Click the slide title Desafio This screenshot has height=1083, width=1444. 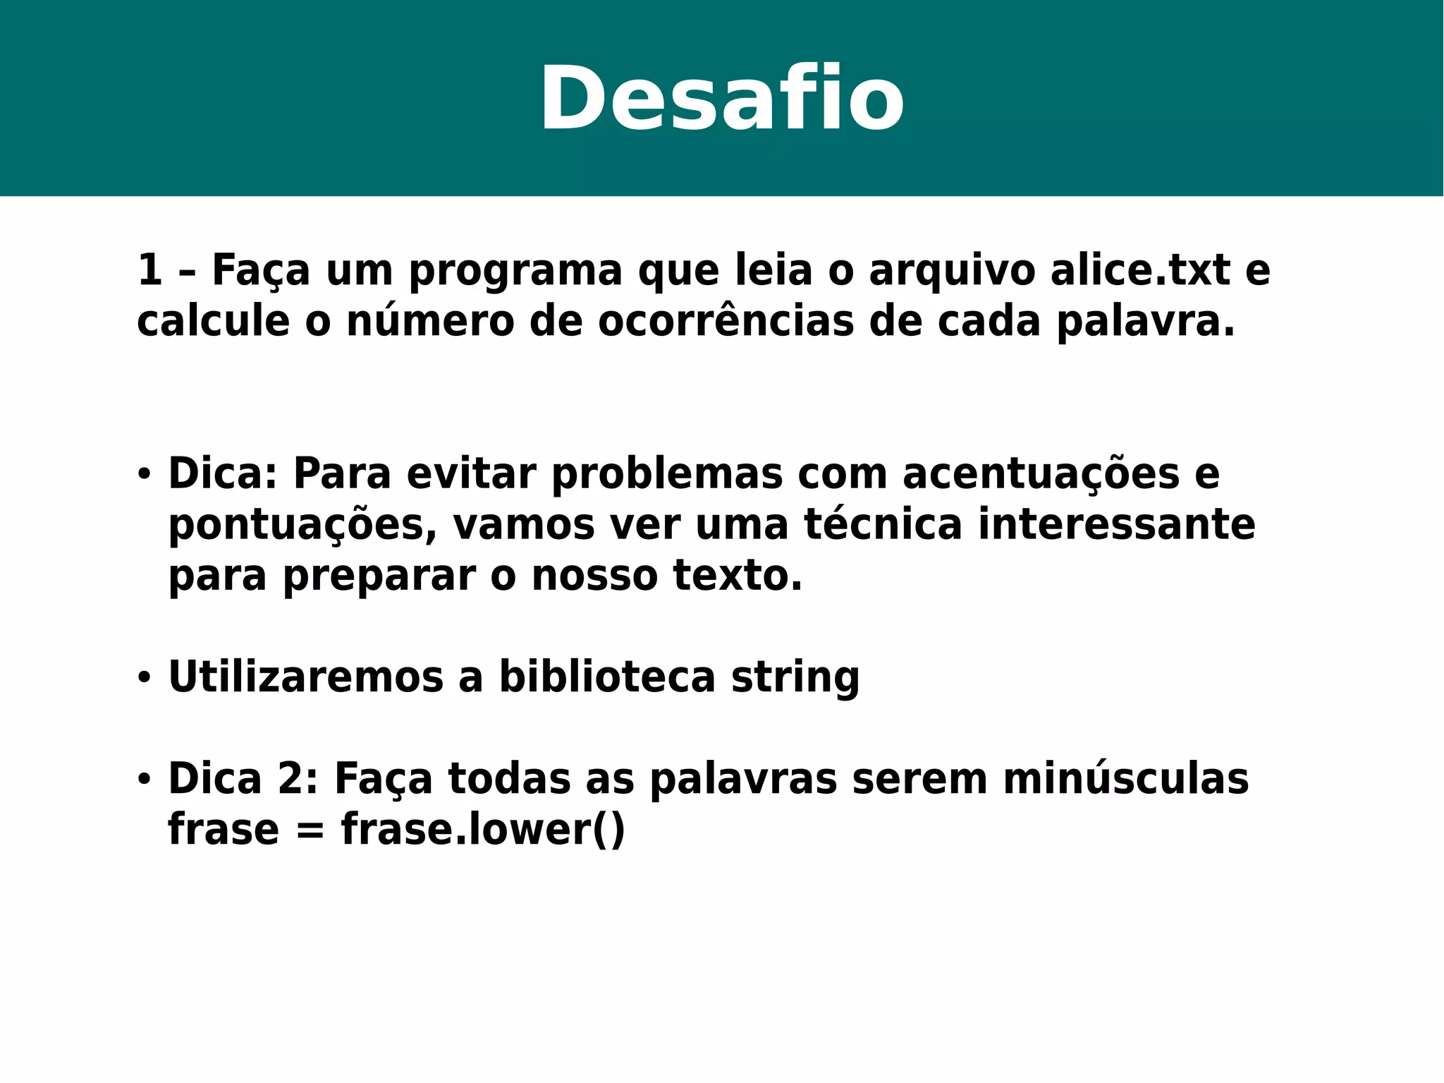pos(721,99)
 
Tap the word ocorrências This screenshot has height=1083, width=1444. pos(726,322)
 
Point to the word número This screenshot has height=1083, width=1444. pos(430,322)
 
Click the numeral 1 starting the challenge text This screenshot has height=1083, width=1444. pos(149,270)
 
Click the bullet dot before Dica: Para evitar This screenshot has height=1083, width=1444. pos(145,475)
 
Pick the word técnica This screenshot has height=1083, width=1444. pos(883,525)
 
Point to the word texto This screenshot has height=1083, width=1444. pos(738,576)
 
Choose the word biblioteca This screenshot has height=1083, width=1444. pos(607,677)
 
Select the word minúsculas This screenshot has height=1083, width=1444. pos(1125,779)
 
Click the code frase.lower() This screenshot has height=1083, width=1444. pos(483,830)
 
